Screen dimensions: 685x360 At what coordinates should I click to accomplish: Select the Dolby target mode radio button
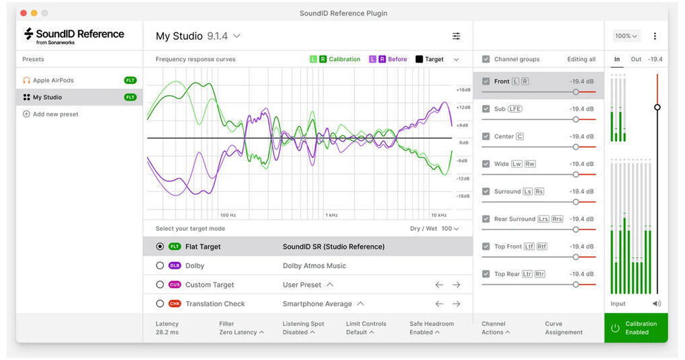(x=160, y=265)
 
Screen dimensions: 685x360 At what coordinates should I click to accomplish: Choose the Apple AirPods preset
(x=53, y=81)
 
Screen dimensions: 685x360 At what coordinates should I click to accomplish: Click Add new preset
(x=50, y=114)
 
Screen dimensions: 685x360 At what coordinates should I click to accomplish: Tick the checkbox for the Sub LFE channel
(x=486, y=109)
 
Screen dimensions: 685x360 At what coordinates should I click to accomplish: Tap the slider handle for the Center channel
(x=576, y=147)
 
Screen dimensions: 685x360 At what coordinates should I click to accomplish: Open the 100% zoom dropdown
(x=626, y=36)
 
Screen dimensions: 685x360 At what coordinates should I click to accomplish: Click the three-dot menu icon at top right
(x=655, y=36)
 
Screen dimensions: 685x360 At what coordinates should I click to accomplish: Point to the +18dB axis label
(x=463, y=90)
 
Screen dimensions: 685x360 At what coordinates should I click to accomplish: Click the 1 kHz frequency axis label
(x=332, y=215)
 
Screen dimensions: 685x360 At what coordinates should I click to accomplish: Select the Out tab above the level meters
(x=636, y=59)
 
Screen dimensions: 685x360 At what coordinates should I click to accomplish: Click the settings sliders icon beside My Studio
(x=456, y=36)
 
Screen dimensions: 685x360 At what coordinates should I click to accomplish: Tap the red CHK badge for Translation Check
(x=175, y=304)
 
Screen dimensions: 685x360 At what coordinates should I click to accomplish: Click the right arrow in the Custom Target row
(x=456, y=285)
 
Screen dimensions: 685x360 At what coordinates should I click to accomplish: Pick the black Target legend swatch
(x=419, y=59)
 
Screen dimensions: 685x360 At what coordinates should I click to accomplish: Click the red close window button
(x=24, y=13)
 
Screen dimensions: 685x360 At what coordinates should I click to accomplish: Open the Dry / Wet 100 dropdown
(x=450, y=228)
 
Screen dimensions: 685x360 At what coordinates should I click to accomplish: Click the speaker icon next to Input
(x=657, y=304)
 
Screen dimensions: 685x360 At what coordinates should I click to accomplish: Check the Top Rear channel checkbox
(x=486, y=274)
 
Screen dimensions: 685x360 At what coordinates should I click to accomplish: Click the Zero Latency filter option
(x=242, y=332)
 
